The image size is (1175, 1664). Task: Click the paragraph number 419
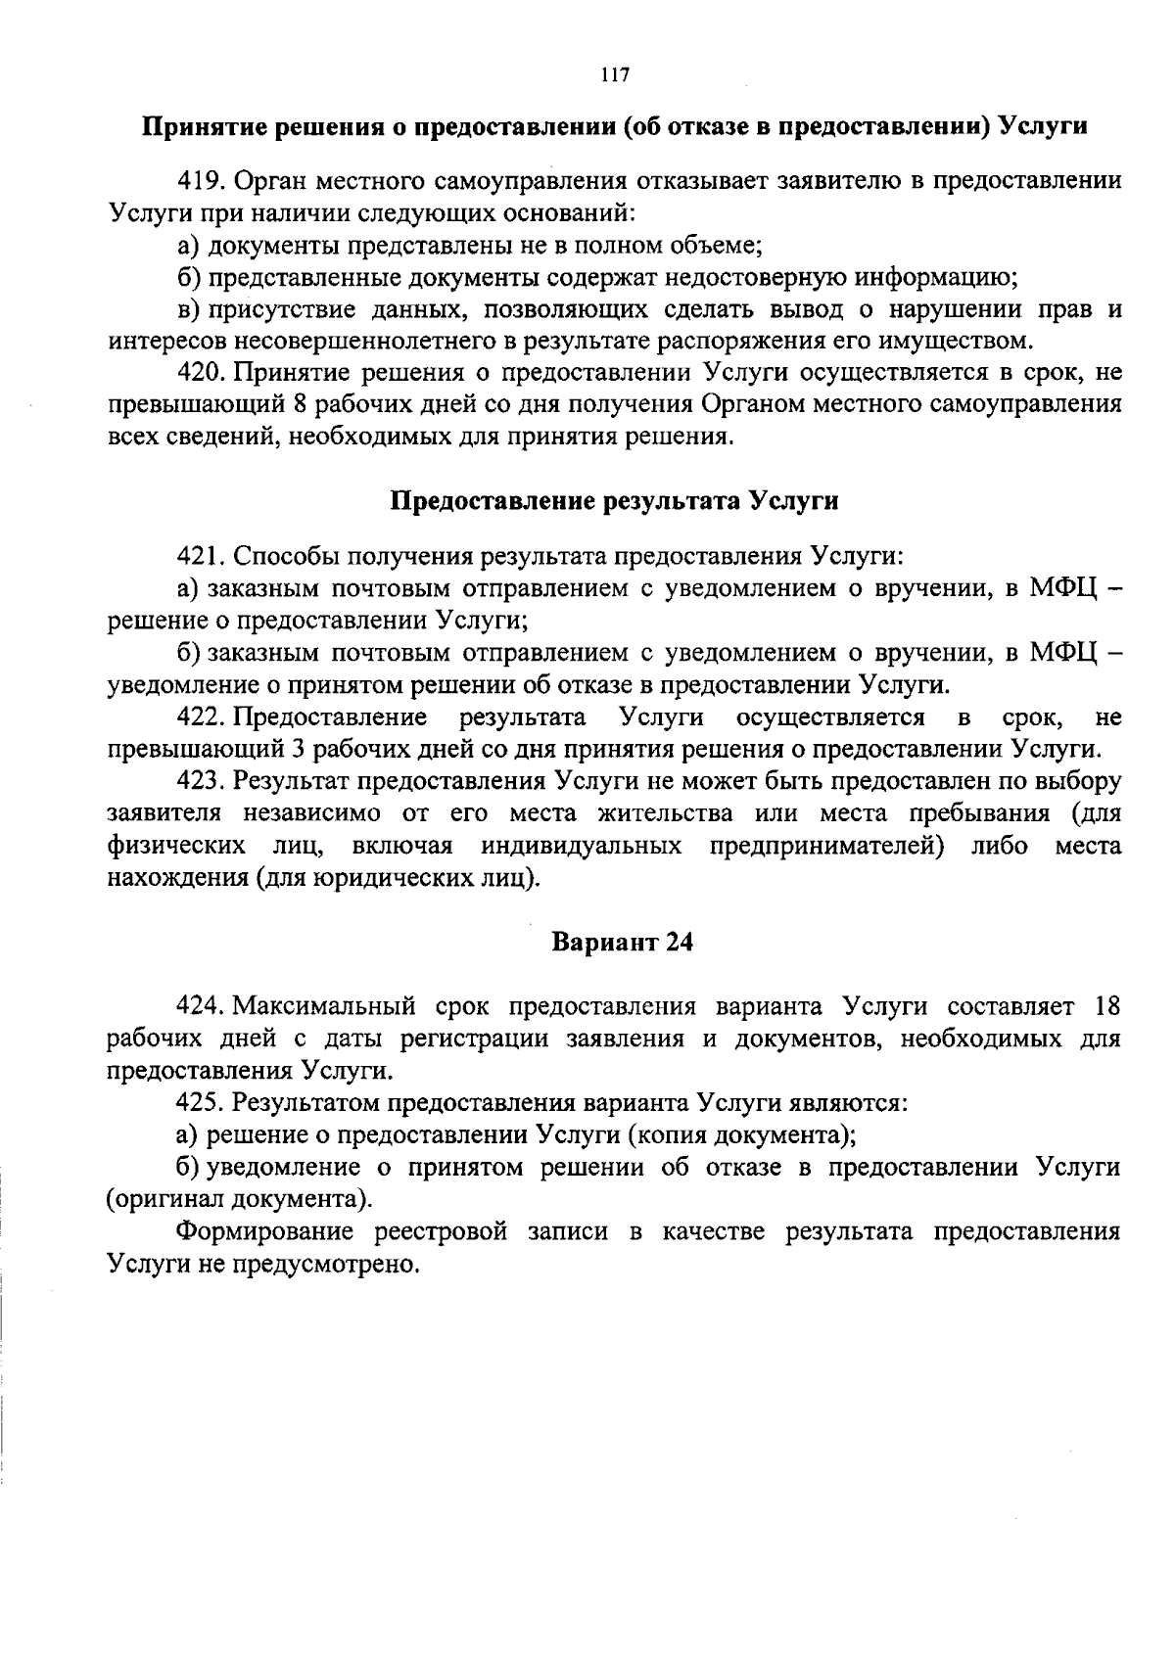point(201,182)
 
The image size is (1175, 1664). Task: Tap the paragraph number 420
point(201,373)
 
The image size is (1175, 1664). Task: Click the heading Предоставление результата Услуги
point(615,501)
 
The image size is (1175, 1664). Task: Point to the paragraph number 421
point(201,557)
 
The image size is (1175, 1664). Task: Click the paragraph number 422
point(201,717)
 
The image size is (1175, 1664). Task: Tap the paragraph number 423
point(201,781)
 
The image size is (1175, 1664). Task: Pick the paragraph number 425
point(201,1102)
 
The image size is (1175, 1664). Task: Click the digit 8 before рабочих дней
point(301,405)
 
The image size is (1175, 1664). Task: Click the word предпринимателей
point(826,845)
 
